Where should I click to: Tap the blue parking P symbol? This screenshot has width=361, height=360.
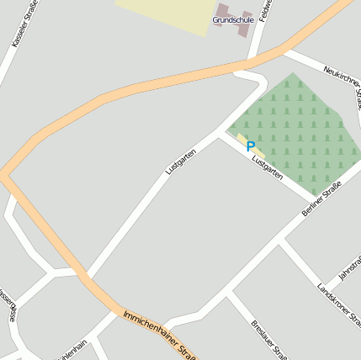click(x=250, y=146)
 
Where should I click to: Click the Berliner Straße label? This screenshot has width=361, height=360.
click(x=321, y=199)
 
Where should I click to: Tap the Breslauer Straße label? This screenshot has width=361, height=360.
click(x=268, y=338)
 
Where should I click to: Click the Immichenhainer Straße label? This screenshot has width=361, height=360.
click(x=160, y=333)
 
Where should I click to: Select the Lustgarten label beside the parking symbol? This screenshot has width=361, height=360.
click(x=266, y=163)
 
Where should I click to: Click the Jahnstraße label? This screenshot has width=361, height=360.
click(x=348, y=267)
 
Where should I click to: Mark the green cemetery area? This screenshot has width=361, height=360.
click(x=303, y=135)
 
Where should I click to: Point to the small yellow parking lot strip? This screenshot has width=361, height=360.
click(x=243, y=140)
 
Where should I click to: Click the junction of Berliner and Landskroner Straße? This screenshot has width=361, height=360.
click(x=280, y=243)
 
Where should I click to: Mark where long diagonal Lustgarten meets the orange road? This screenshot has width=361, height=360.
click(x=84, y=276)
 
